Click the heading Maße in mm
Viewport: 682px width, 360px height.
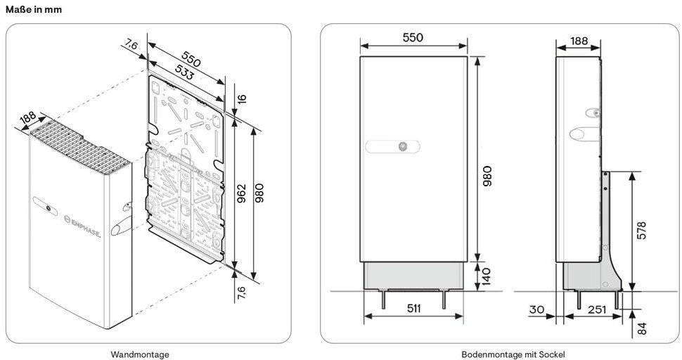[x=34, y=9]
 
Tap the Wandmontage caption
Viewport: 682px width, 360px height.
[x=140, y=354]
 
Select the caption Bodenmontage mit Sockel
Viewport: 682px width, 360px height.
[x=513, y=354]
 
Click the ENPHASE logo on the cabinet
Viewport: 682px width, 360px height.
[x=82, y=226]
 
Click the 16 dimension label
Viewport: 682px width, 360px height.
[x=242, y=98]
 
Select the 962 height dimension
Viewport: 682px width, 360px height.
[x=242, y=193]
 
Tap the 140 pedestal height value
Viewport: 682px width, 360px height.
[x=487, y=277]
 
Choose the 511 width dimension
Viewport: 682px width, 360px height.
[x=413, y=308]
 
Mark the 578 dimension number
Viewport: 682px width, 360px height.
[x=641, y=231]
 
